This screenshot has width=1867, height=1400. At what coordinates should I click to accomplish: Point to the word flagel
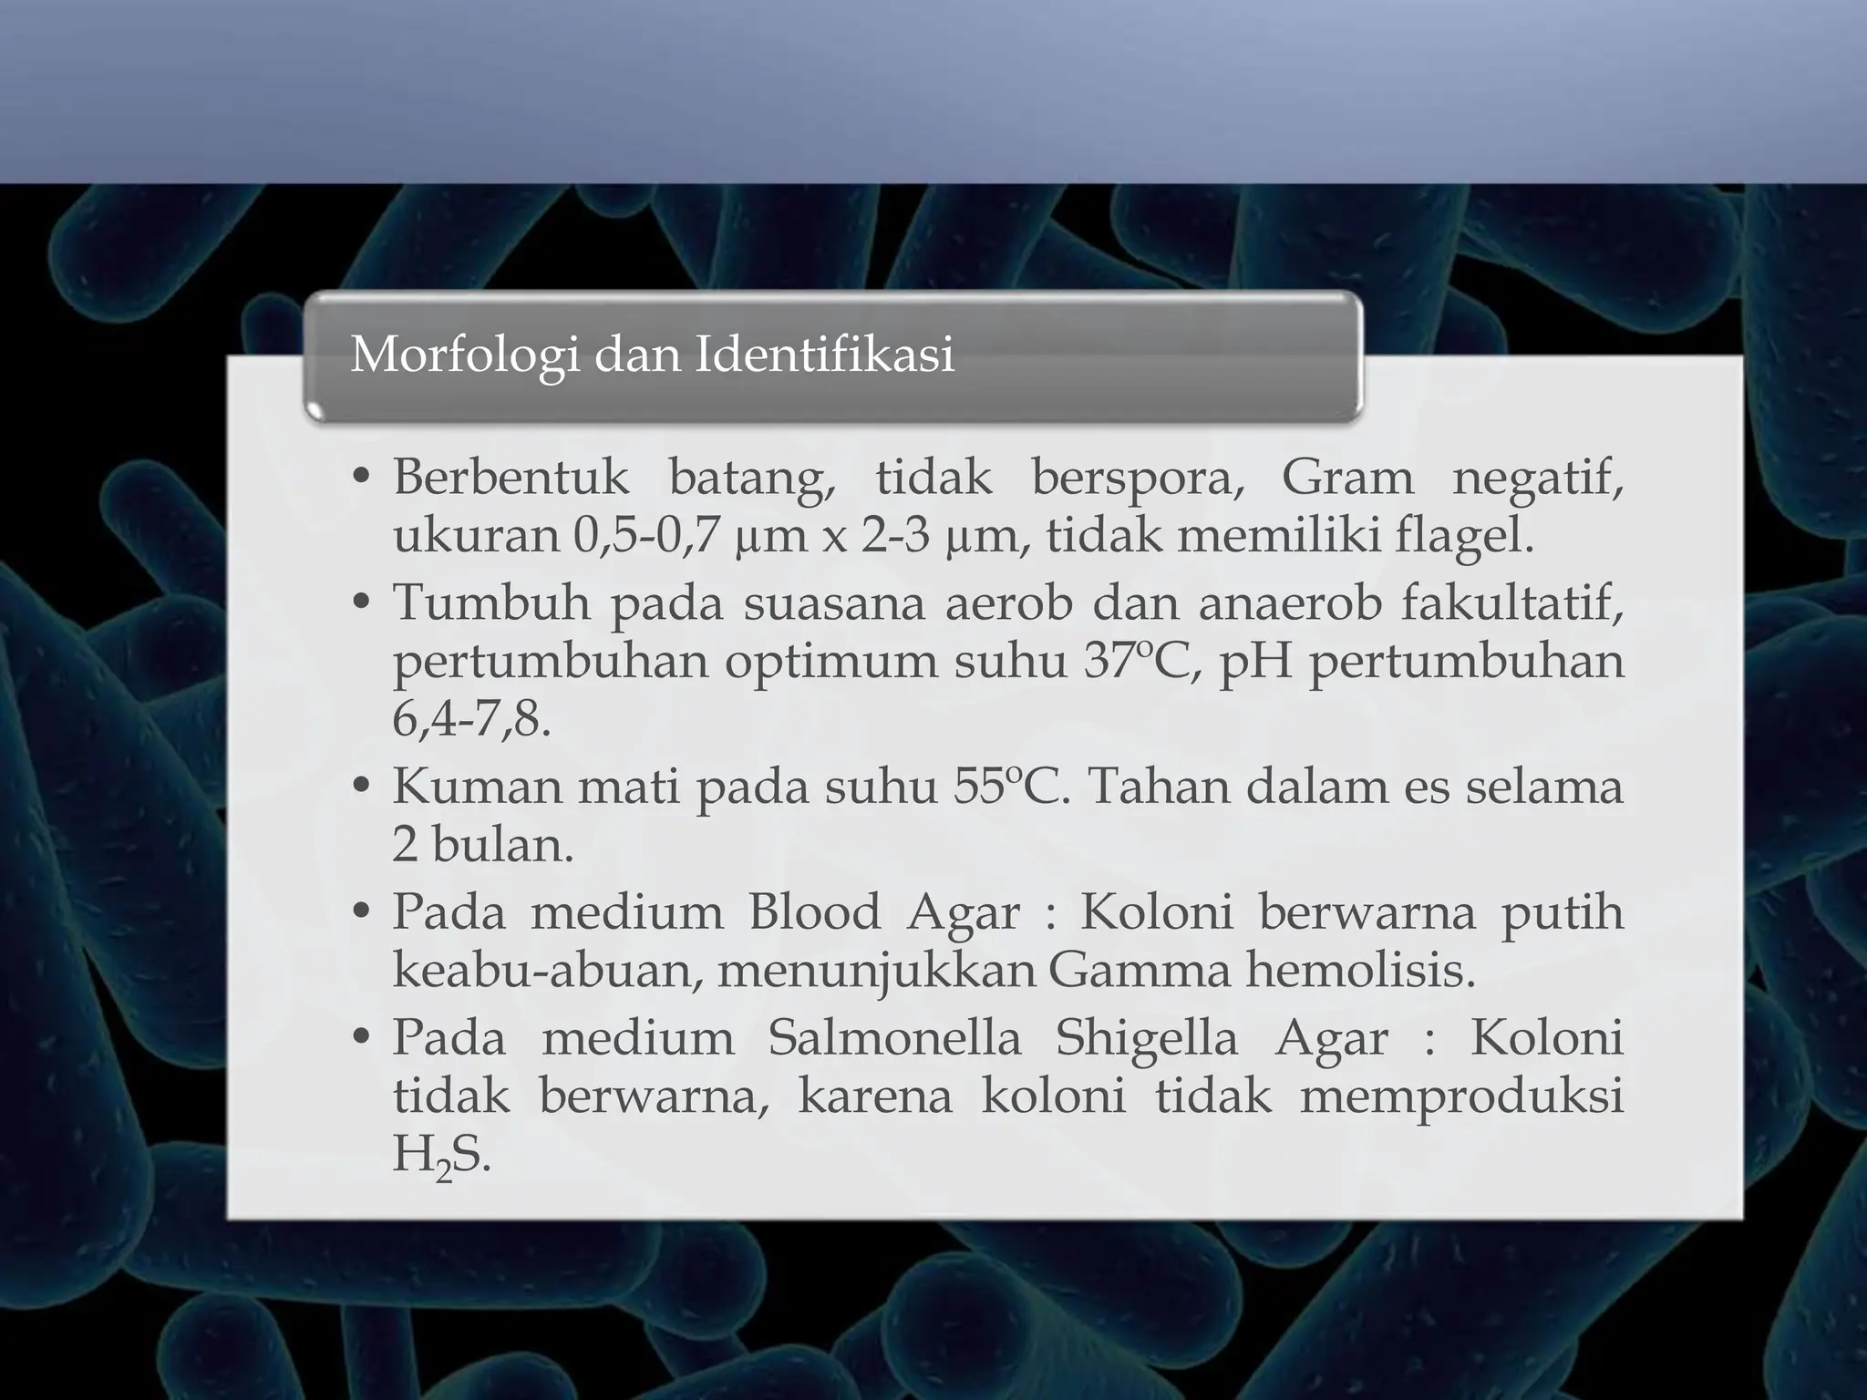[1464, 536]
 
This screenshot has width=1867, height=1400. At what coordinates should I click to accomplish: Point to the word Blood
[814, 911]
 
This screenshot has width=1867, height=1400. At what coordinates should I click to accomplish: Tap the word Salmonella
[894, 1037]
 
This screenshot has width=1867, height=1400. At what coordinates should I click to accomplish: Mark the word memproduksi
[1461, 1096]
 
